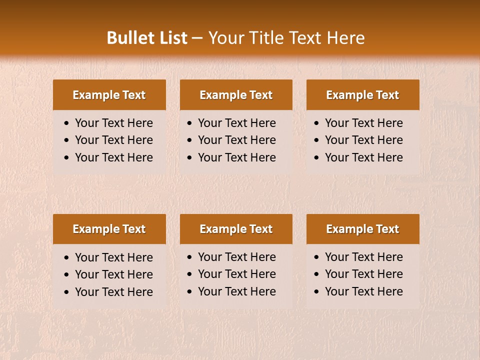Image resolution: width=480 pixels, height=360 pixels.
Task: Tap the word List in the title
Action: [x=172, y=38]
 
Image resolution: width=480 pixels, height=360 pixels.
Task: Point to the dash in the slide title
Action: [x=197, y=38]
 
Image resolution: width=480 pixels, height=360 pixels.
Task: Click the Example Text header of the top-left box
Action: [x=109, y=95]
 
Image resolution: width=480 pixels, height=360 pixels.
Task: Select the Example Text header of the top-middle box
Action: [x=236, y=95]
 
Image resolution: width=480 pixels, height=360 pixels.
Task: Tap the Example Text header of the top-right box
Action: [x=362, y=95]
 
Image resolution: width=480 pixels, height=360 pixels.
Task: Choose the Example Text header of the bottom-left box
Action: [x=109, y=229]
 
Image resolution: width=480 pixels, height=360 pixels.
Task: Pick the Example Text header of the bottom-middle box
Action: [x=236, y=229]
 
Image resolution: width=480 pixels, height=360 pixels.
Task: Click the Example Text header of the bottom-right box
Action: [x=362, y=229]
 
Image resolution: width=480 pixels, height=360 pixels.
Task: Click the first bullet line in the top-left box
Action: [x=113, y=123]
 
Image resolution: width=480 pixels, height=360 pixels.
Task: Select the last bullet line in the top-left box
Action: [x=113, y=157]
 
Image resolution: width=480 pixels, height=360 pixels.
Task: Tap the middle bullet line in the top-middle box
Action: [x=236, y=140]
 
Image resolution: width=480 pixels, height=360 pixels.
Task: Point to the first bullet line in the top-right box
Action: [x=363, y=123]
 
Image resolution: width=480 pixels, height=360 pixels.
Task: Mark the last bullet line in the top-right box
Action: [x=363, y=157]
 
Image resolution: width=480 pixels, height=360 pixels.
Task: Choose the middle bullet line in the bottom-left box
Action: [x=113, y=274]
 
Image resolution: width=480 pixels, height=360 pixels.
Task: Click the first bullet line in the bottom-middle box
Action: [x=236, y=257]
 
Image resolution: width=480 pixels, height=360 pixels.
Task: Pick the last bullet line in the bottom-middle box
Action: [x=236, y=291]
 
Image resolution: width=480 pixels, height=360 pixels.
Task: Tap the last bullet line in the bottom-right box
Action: [x=363, y=291]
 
